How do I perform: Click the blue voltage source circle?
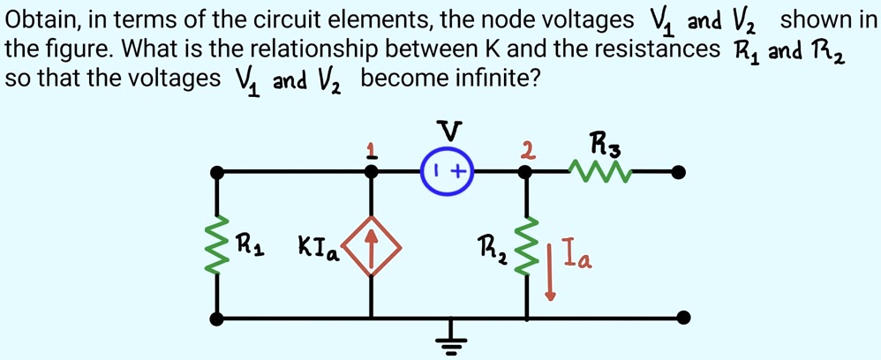(448, 172)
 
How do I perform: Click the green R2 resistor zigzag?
(527, 244)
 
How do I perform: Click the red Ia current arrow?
(551, 269)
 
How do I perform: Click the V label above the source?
(450, 132)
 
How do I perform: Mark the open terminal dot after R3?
(678, 172)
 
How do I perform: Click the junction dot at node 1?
(372, 172)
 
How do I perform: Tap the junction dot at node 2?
(527, 172)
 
